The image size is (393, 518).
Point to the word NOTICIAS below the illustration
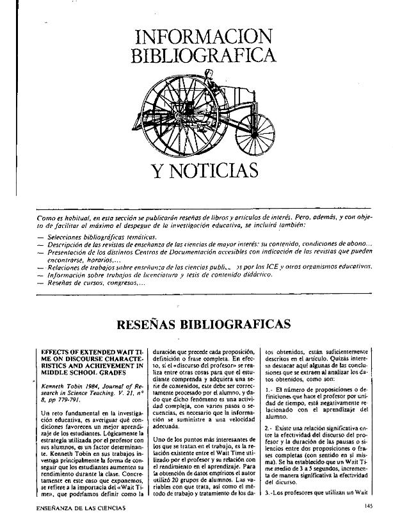click(205, 171)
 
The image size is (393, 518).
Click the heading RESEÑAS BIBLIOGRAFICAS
click(204, 323)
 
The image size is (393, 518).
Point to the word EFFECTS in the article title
click(57, 352)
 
